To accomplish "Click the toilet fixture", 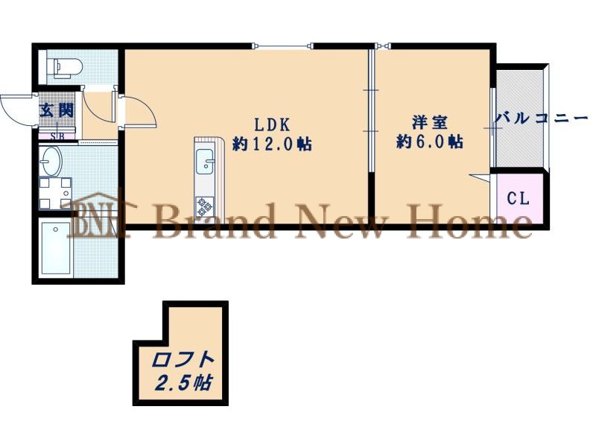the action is click(68, 68).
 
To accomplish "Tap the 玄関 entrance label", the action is click(57, 110).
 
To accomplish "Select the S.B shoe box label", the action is click(57, 136).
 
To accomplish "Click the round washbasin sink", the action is click(51, 161).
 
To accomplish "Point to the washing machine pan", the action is click(55, 193).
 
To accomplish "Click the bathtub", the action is click(56, 247).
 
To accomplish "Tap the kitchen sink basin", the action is click(205, 162).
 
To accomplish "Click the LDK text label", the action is click(271, 124).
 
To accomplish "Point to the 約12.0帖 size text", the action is click(273, 144).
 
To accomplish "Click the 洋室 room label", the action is click(430, 122).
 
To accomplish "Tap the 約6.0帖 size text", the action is click(430, 142).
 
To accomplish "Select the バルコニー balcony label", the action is click(542, 118).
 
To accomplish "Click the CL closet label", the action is click(518, 197).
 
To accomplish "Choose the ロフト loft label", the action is click(183, 360).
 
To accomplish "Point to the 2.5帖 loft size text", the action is click(184, 383).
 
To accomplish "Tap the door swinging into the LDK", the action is click(139, 111).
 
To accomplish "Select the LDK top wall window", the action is click(282, 46).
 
